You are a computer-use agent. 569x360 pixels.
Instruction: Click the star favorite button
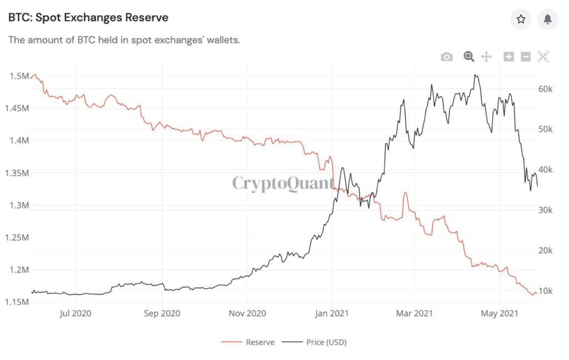point(521,19)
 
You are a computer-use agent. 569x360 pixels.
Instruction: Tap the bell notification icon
point(548,19)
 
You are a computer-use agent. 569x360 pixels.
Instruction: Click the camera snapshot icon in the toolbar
point(447,57)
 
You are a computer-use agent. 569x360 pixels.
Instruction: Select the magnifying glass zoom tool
point(468,57)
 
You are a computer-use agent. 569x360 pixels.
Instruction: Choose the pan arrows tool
point(486,57)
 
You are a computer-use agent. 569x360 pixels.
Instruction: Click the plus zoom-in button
point(508,57)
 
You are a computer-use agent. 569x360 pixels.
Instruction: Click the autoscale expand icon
point(543,57)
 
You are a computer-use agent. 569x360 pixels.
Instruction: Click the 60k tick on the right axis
point(546,89)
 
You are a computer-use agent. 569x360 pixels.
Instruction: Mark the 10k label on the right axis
point(546,291)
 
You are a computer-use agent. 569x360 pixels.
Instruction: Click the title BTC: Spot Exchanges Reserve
point(88,18)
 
